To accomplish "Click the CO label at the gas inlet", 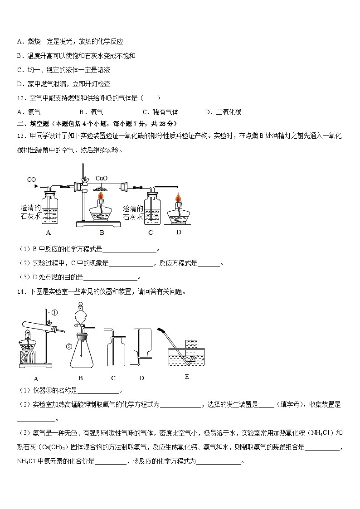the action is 31,180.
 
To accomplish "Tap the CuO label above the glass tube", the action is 102,179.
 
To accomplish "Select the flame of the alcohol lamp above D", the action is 179,198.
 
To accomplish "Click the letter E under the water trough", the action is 187,377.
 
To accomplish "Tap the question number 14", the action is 20,292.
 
